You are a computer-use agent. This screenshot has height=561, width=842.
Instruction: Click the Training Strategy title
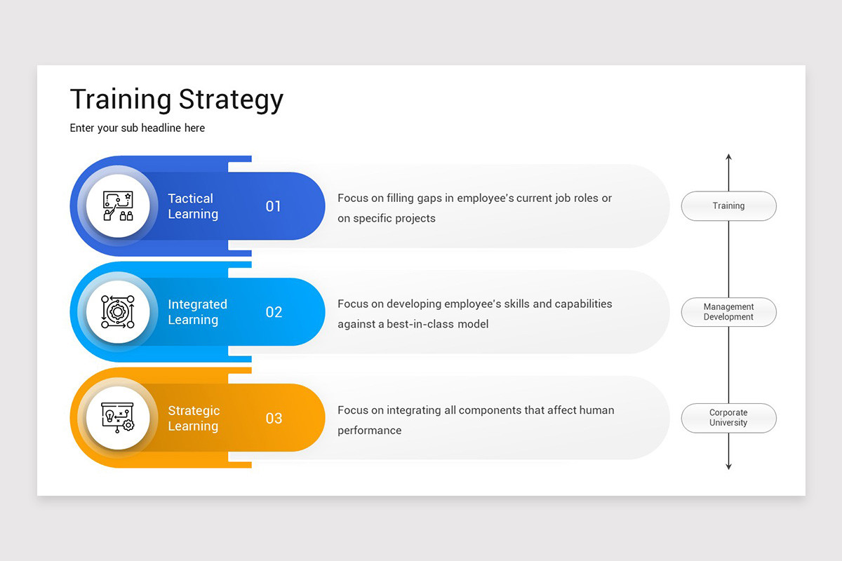point(176,100)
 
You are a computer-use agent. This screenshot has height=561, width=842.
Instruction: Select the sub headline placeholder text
point(138,128)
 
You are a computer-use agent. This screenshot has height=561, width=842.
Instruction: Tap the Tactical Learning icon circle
point(117,206)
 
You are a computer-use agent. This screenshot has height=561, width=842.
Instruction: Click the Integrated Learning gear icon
point(117,312)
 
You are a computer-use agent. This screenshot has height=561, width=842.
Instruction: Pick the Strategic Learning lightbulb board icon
point(117,418)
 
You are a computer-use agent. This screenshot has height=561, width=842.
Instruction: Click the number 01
point(273,206)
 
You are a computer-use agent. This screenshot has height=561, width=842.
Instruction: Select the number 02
point(274,312)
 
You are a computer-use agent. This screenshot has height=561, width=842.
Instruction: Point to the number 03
point(274,419)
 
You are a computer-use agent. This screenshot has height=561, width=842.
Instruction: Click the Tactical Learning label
point(193,206)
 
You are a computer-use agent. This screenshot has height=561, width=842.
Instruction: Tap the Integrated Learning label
point(197,312)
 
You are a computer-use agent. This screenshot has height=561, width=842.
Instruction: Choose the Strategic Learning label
point(194,418)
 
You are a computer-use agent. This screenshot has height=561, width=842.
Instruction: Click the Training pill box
point(728,206)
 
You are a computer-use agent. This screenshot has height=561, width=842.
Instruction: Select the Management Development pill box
point(728,312)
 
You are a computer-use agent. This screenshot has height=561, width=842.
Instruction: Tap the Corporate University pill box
point(728,418)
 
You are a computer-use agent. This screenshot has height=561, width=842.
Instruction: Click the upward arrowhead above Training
point(728,158)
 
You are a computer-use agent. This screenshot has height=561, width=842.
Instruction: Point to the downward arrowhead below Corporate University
point(728,466)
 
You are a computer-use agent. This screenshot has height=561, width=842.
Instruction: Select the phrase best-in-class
point(419,324)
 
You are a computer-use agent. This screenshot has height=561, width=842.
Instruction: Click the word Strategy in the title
point(231,100)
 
